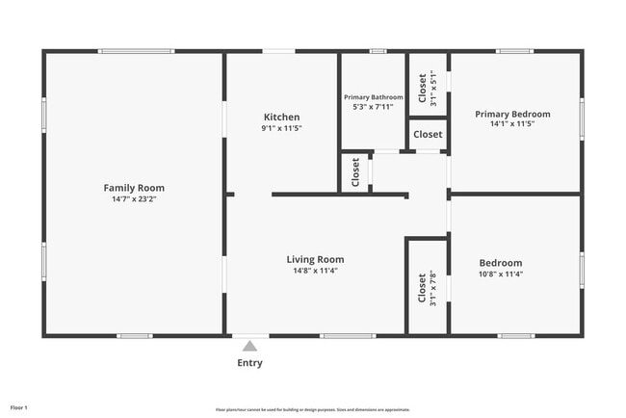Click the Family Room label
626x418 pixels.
134,188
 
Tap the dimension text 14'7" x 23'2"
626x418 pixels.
134,199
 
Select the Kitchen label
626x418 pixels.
281,117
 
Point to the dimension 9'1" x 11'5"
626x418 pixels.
281,128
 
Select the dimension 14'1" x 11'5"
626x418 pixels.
512,124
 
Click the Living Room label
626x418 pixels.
315,259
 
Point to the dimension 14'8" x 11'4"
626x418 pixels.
315,271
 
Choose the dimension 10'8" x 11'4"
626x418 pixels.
501,274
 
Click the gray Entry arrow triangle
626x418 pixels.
249,346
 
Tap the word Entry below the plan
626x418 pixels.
249,363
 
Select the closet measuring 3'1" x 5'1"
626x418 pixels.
427,87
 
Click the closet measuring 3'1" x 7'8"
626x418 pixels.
426,287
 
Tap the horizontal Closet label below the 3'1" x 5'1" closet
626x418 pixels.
428,135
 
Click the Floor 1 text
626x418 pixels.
19,408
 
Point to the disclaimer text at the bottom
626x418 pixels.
313,409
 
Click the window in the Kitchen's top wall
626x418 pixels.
279,51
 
